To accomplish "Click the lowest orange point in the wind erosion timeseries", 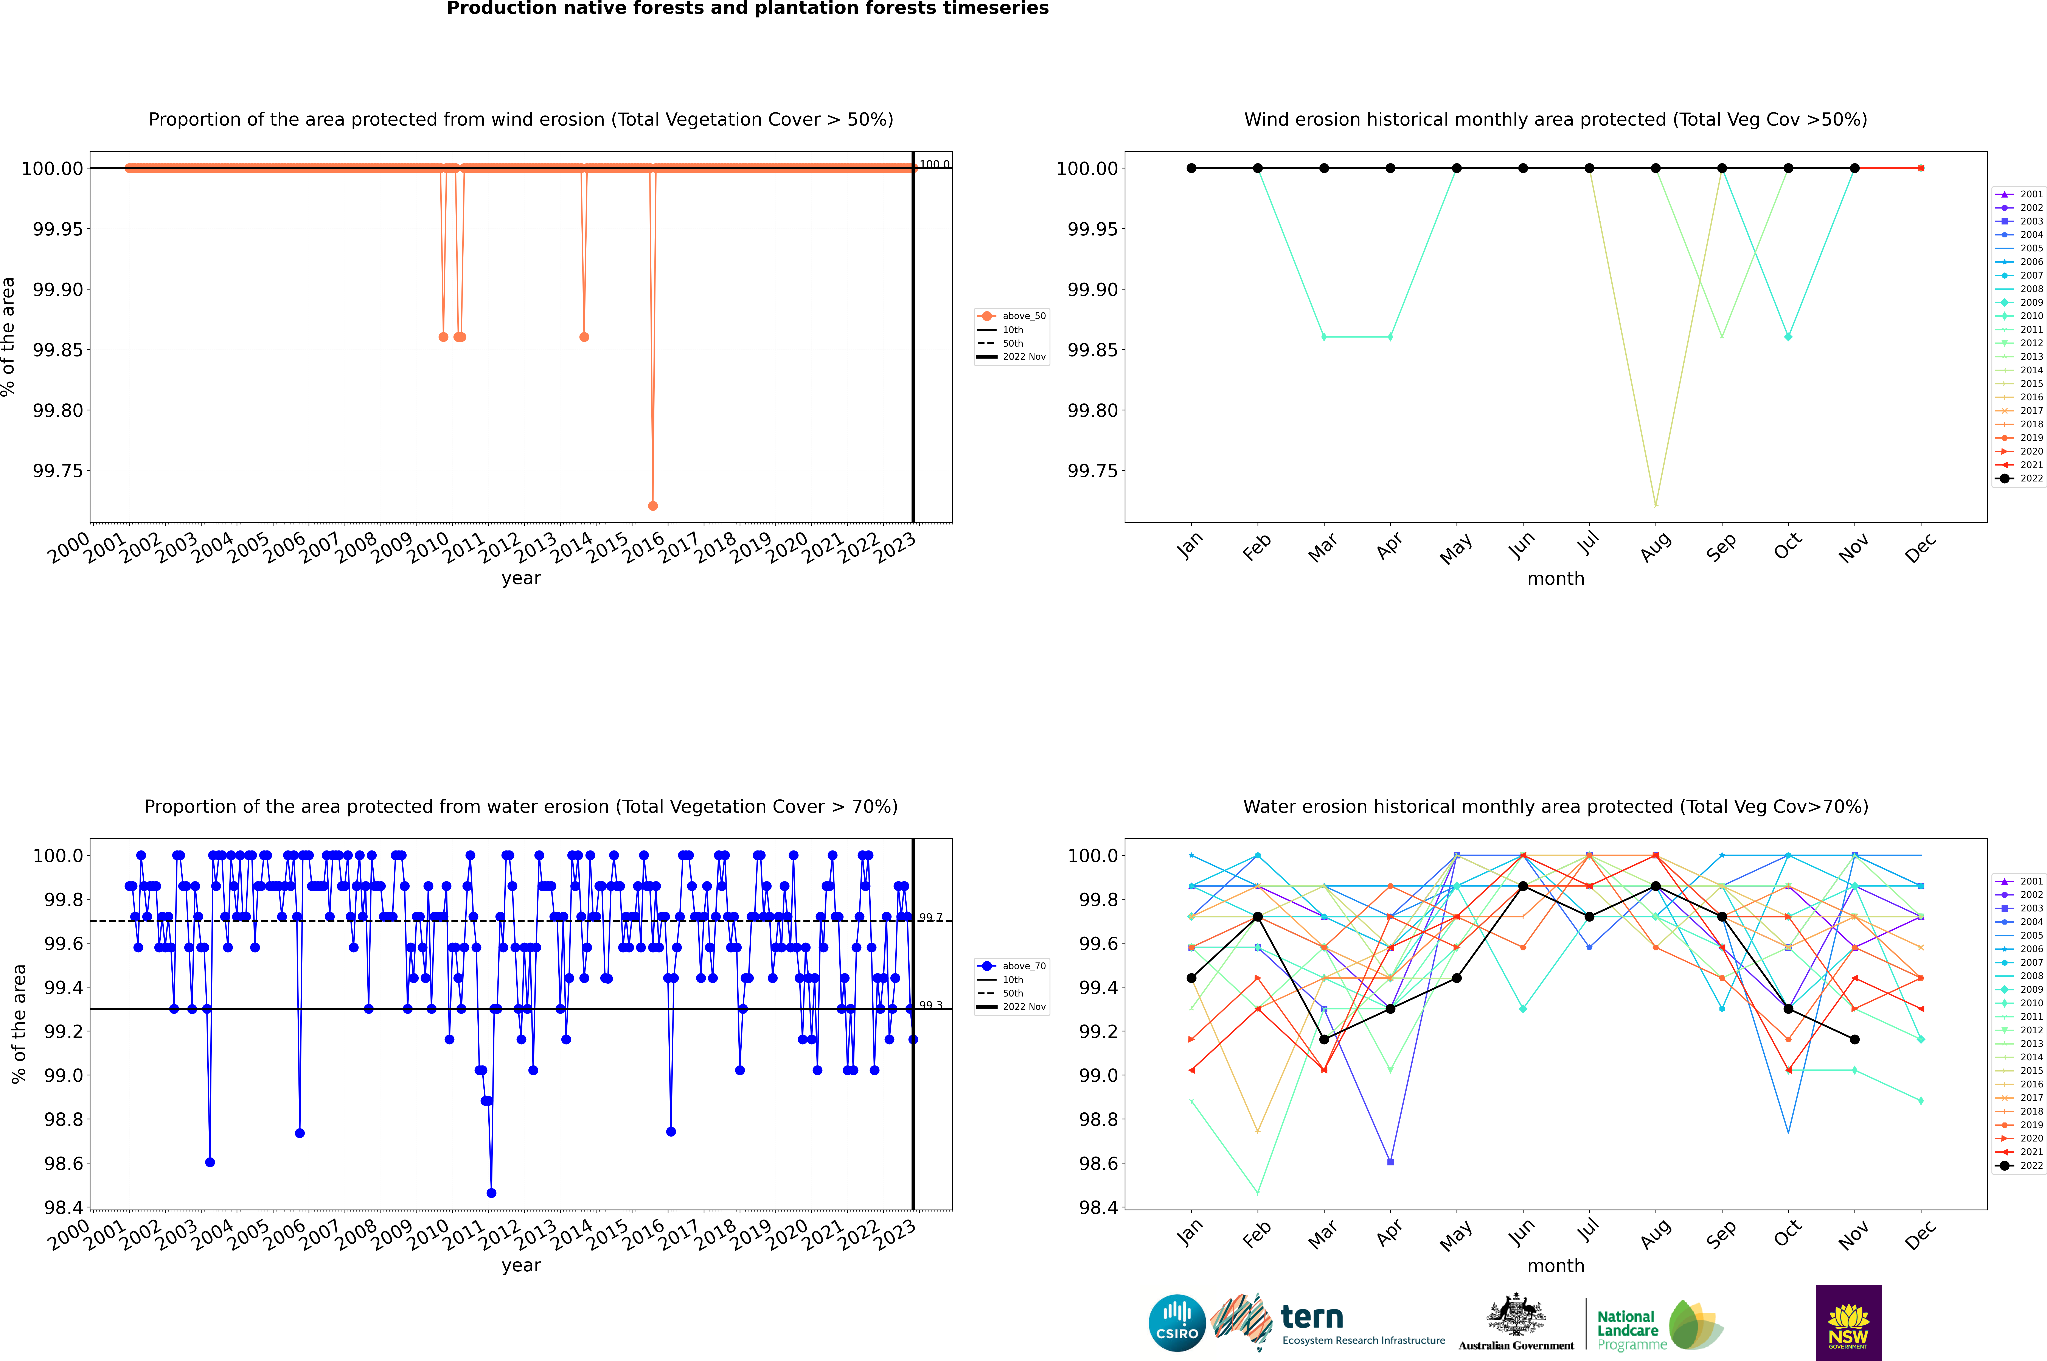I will pos(652,505).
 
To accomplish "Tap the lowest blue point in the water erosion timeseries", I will pos(491,1193).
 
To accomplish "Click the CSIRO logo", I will pos(1177,1323).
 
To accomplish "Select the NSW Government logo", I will pos(1848,1323).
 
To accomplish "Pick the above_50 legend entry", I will pos(1012,316).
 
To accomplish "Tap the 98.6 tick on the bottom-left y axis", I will pos(63,1163).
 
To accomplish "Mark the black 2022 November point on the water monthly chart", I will pos(1854,1039).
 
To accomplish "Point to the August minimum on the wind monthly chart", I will pos(1656,505).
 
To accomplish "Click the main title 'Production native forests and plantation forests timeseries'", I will pos(747,9).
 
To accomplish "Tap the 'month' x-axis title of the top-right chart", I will pos(1555,579).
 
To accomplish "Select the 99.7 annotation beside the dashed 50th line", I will pos(930,917).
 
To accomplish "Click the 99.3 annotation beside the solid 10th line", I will pos(930,1005).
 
